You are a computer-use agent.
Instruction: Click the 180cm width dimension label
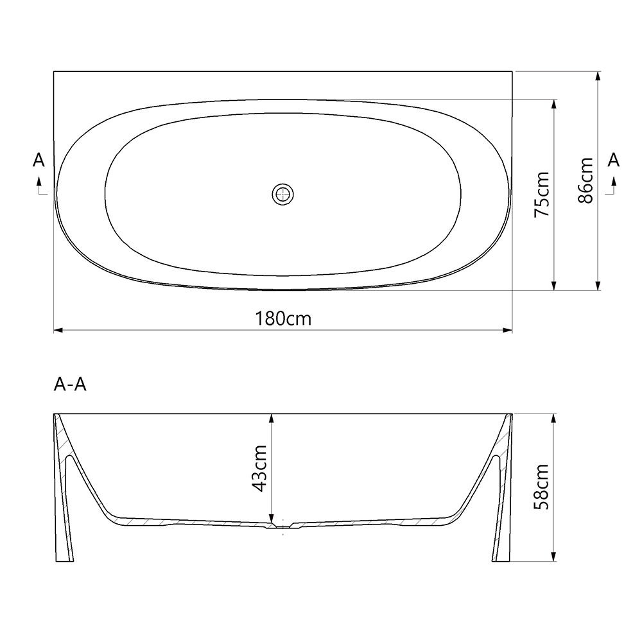283,318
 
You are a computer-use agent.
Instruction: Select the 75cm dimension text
542,194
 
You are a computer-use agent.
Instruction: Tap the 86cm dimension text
585,180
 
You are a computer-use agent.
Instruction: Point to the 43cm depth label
259,468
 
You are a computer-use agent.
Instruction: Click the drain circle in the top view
282,193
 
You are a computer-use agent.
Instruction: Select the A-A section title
71,385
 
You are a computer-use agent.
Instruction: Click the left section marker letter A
39,160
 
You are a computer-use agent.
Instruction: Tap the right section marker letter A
614,160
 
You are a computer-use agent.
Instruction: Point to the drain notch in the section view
282,526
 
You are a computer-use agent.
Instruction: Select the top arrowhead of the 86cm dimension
598,76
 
